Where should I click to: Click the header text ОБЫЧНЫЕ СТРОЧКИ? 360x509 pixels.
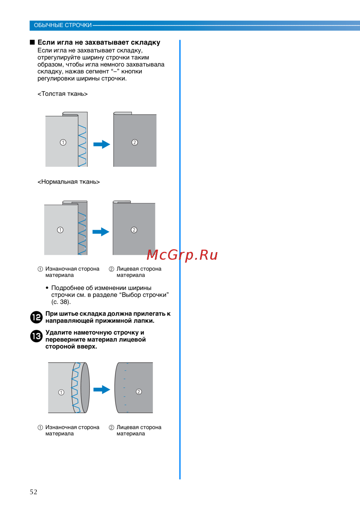[x=63, y=25]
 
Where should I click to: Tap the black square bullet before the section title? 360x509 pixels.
[x=32, y=42]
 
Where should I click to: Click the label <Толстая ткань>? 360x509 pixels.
[x=63, y=94]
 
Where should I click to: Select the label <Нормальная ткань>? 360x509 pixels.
[x=69, y=182]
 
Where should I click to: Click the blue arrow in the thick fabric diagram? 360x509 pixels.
[x=102, y=144]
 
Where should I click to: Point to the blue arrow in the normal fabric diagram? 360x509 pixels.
[x=101, y=232]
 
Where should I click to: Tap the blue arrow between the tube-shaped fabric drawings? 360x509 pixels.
[x=102, y=389]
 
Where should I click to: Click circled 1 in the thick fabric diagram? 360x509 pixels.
[x=63, y=143]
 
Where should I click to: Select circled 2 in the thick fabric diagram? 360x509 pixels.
[x=135, y=143]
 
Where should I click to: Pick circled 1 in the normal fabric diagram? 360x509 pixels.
[x=60, y=230]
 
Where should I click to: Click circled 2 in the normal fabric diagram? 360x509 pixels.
[x=134, y=230]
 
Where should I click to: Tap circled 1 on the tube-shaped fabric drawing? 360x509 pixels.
[x=61, y=392]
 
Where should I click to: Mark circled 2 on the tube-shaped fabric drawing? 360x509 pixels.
[x=139, y=392]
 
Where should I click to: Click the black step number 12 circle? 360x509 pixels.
[x=36, y=317]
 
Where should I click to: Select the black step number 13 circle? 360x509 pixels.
[x=36, y=336]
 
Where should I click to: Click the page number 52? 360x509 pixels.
[x=33, y=492]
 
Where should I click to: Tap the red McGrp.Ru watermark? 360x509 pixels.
[x=182, y=255]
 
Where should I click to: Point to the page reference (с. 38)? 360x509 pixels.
[x=61, y=302]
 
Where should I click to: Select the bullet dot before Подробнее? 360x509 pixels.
[x=47, y=288]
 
